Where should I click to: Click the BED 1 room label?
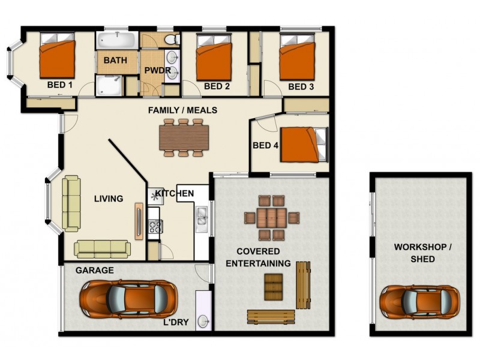click(59, 85)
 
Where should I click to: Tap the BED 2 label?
click(217, 86)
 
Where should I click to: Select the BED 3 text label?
click(301, 86)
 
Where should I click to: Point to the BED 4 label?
click(265, 145)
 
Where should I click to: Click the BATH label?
click(114, 61)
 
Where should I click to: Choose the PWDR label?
click(157, 70)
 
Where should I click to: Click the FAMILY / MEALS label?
click(183, 110)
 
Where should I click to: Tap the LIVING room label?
click(109, 199)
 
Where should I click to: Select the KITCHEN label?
click(175, 193)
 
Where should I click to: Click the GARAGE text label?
click(94, 271)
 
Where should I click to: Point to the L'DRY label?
click(176, 322)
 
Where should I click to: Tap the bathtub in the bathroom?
click(118, 41)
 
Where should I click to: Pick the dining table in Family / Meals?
click(184, 137)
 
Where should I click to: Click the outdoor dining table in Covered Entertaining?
click(272, 217)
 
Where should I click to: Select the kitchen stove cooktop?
click(155, 226)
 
